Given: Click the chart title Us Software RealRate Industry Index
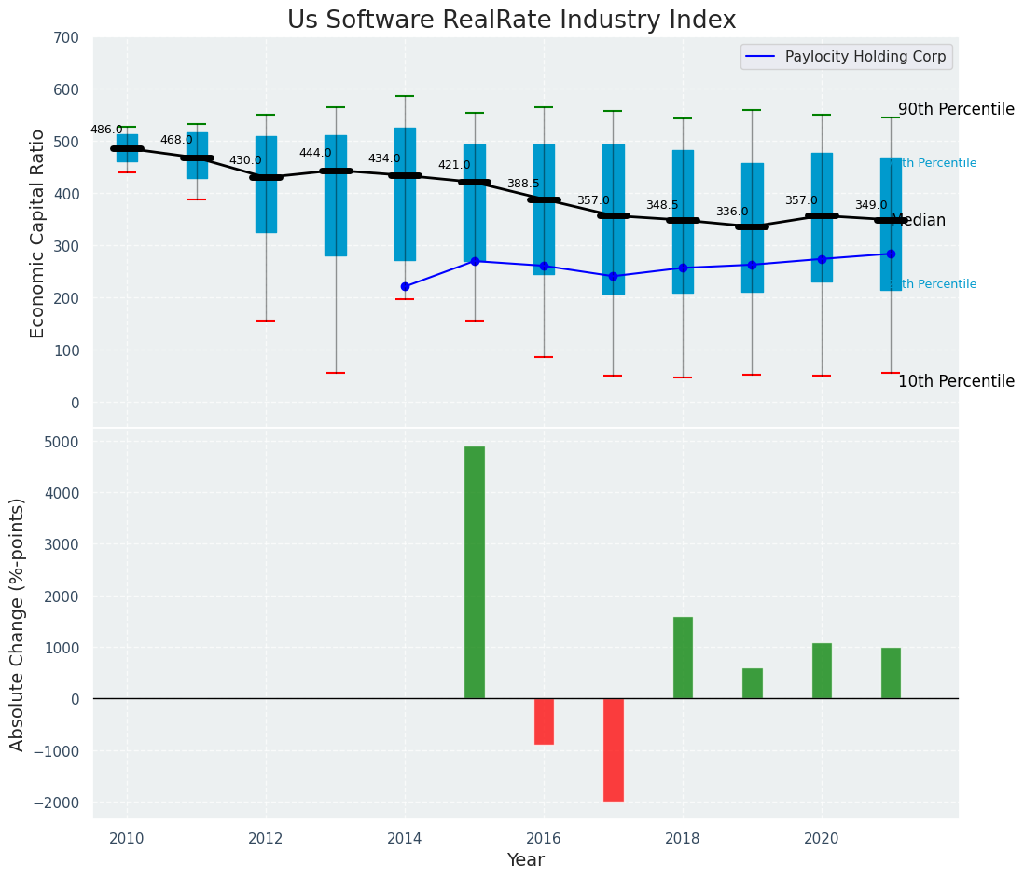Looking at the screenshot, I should point(511,21).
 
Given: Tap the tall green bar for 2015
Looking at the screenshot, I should point(475,572).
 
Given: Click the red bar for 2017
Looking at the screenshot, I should point(613,749).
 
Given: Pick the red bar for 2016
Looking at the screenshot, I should point(544,720).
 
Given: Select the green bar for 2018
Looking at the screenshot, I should point(683,657).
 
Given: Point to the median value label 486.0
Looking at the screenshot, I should point(106,130).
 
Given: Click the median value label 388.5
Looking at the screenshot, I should point(523,184).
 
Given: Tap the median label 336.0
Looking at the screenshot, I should point(732,212).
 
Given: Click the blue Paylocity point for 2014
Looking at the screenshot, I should point(405,286).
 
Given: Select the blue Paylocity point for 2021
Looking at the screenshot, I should point(891,254).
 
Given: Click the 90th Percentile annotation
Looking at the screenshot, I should point(956,109).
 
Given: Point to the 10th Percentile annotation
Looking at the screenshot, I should point(956,381).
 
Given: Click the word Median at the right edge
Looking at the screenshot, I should point(919,221).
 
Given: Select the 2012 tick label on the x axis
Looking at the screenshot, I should point(266,838).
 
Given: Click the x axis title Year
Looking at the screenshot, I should point(525,860).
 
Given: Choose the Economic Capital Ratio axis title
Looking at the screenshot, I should point(37,233).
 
